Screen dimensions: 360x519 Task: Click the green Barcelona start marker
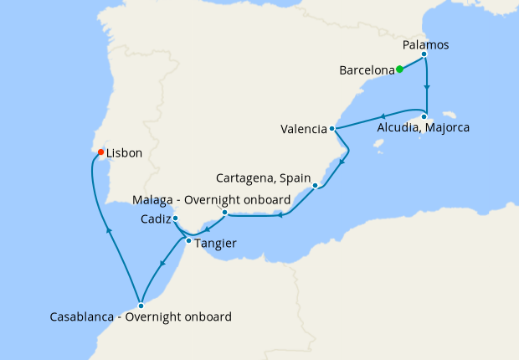(x=399, y=69)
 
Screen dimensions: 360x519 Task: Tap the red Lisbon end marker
(x=100, y=152)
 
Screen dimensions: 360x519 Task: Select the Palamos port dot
(x=424, y=55)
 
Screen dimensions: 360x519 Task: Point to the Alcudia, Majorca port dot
(x=424, y=116)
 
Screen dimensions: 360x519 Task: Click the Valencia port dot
(x=332, y=129)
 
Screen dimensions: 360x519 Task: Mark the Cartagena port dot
(x=315, y=186)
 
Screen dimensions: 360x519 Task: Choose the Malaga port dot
(x=224, y=213)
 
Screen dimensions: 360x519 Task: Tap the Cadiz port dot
(x=175, y=219)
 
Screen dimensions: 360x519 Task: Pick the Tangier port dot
(x=188, y=241)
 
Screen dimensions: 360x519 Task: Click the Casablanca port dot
(x=141, y=306)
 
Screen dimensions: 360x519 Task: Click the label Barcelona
(x=367, y=70)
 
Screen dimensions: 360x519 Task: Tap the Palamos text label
(x=427, y=43)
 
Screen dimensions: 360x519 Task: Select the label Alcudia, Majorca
(x=423, y=129)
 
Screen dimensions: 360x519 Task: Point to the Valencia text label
(x=304, y=130)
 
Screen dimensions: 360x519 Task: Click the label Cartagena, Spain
(x=263, y=178)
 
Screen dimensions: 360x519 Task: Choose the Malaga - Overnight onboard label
(x=212, y=200)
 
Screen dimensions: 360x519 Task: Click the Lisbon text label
(x=125, y=153)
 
